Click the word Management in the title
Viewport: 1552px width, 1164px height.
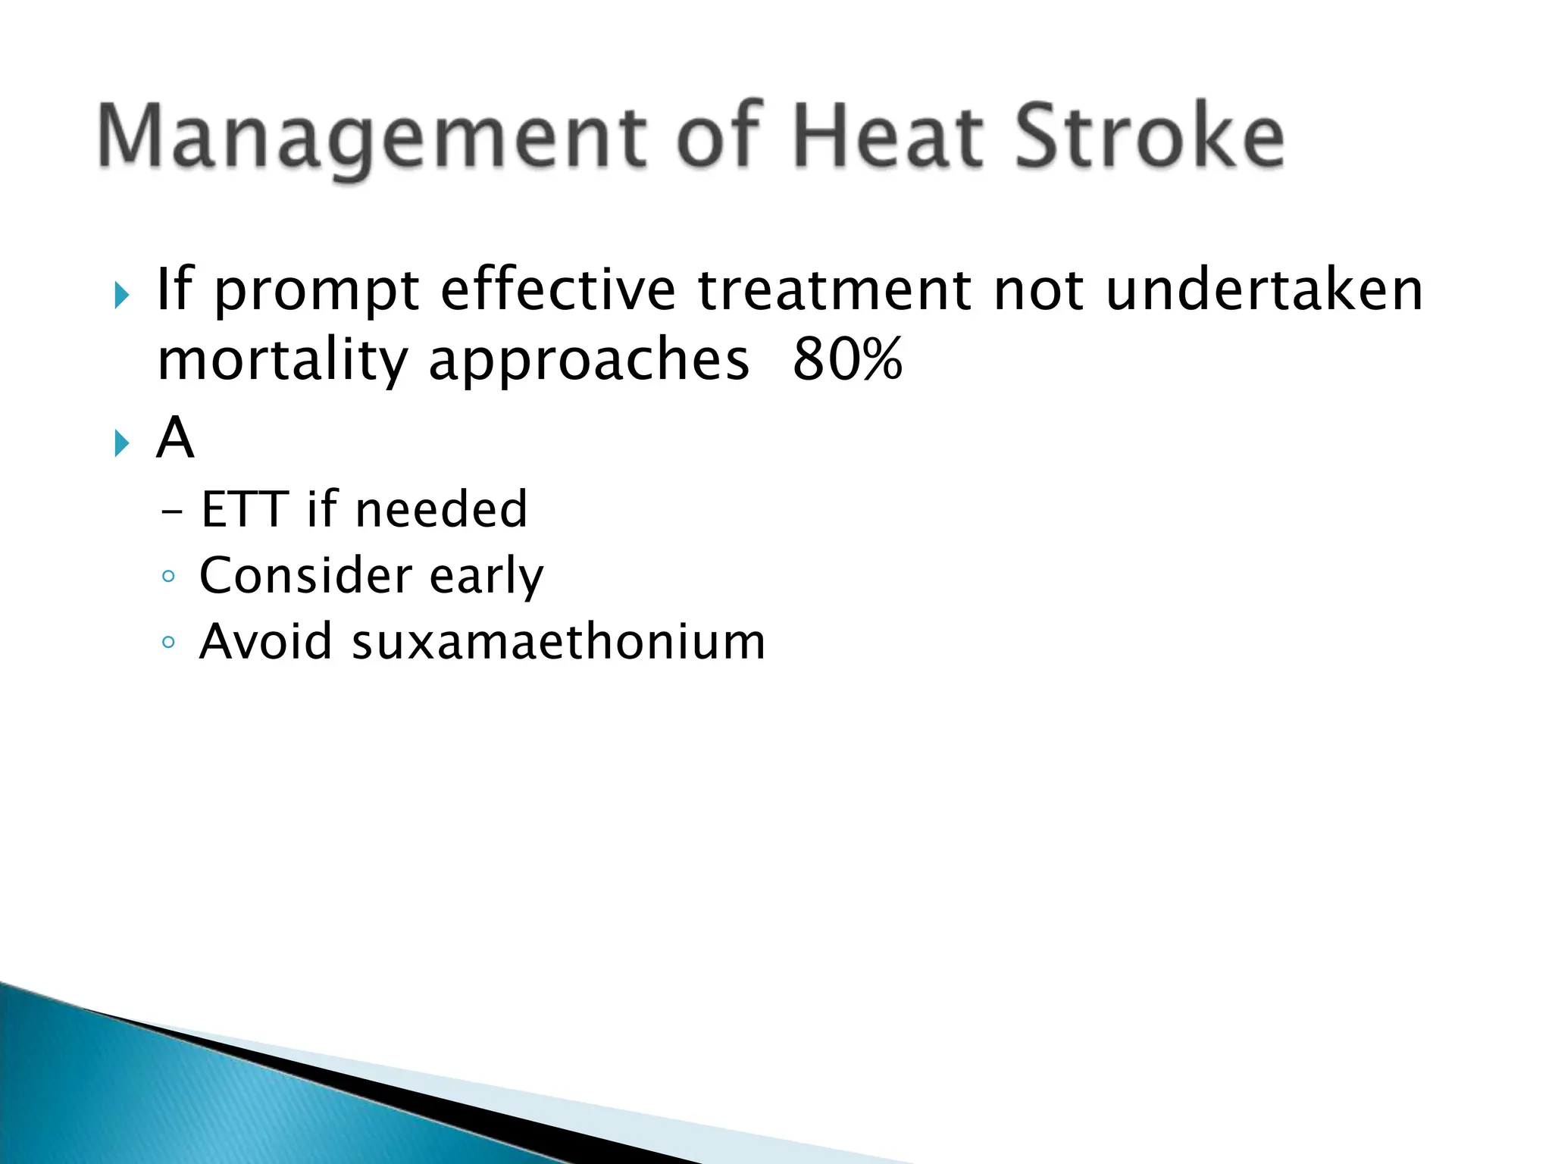[371, 136]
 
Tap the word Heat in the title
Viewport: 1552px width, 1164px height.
[887, 136]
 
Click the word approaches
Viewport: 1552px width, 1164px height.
[589, 360]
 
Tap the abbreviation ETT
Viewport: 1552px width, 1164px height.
[245, 508]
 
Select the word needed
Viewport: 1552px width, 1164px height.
[441, 508]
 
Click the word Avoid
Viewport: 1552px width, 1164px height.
[265, 641]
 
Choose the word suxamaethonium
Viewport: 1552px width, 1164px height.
[559, 641]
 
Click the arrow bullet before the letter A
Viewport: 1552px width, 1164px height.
[122, 443]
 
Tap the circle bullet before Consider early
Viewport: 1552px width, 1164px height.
[168, 577]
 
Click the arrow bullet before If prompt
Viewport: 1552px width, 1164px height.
[122, 295]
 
